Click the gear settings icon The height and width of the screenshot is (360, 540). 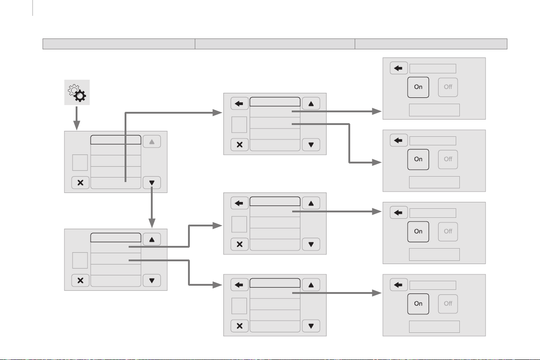pos(76,92)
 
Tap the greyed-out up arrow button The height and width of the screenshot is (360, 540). pos(152,141)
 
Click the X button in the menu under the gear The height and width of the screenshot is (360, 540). pos(80,182)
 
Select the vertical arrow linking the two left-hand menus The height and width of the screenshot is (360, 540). pos(152,208)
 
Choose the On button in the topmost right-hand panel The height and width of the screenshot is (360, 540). pos(418,87)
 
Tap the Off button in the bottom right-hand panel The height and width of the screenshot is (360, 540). pos(448,303)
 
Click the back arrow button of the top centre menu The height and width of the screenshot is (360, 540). pos(240,104)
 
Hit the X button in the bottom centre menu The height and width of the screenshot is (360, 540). pos(240,326)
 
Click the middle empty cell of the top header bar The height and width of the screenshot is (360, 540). pos(275,43)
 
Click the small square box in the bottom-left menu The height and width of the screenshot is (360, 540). pos(80,260)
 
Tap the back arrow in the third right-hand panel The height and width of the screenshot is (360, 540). pos(399,212)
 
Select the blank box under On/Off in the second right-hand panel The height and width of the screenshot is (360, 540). pos(434,182)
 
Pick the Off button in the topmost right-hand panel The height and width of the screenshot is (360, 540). pos(448,87)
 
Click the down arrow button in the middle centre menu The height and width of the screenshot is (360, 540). pos(311,244)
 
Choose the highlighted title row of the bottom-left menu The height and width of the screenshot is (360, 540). pos(116,238)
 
